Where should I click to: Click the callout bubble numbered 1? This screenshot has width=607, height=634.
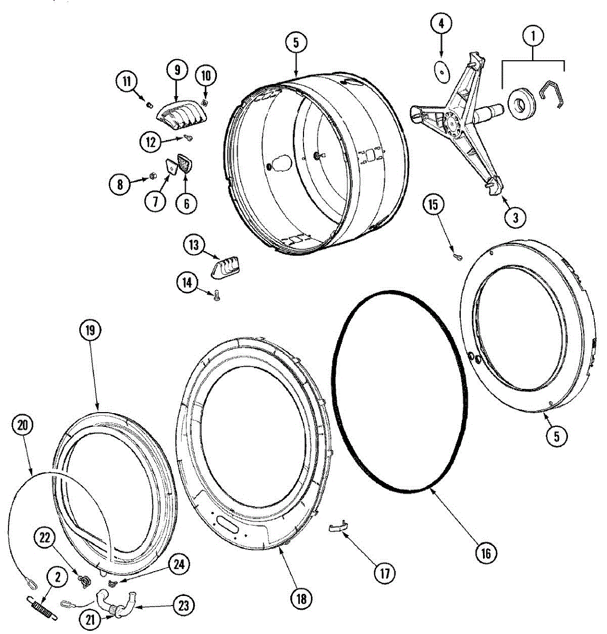coord(533,36)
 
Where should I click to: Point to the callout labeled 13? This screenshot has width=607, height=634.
coord(194,245)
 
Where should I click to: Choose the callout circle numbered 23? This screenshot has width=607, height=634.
coord(183,605)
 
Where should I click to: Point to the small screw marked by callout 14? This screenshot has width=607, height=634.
coord(217,296)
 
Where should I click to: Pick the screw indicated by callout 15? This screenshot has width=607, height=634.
coord(458,257)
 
